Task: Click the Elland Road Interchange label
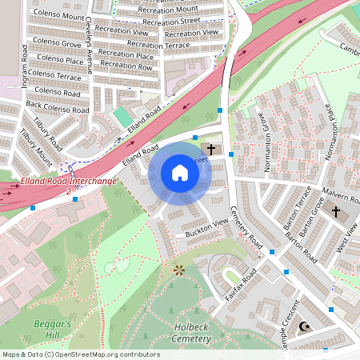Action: click(x=69, y=182)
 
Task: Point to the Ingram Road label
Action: click(x=25, y=68)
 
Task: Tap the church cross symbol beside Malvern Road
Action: click(x=336, y=212)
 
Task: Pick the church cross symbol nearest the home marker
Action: click(x=212, y=149)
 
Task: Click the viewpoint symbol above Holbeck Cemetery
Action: click(x=178, y=270)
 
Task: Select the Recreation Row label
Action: click(x=126, y=66)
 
